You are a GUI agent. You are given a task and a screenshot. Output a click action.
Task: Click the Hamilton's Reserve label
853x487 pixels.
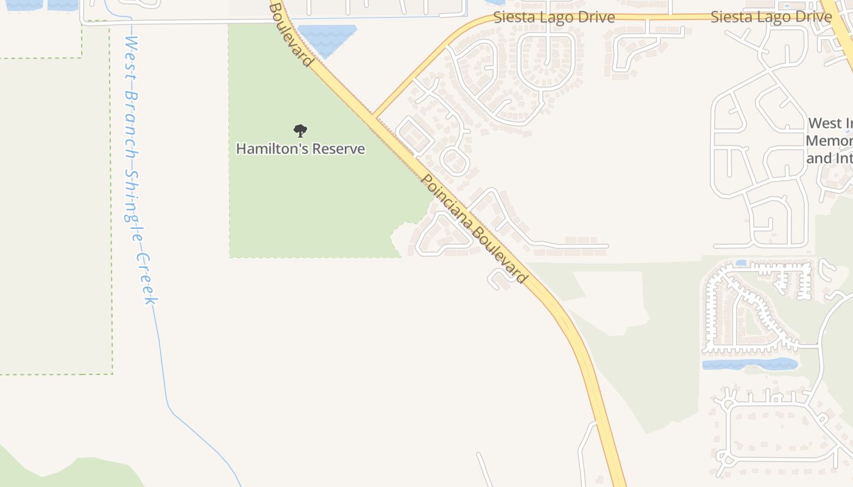300,149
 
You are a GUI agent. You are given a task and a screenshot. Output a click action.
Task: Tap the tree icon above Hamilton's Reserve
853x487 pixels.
300,130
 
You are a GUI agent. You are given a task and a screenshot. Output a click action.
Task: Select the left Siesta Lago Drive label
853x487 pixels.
553,17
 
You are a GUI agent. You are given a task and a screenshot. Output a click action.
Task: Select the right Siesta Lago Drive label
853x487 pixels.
771,17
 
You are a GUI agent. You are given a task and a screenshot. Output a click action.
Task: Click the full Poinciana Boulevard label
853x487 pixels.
474,229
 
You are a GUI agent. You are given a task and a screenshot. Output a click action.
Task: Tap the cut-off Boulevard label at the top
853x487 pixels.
291,33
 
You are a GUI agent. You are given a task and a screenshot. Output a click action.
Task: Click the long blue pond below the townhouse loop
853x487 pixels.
749,365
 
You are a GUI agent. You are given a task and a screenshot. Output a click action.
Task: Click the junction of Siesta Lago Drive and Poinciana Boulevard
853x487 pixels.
373,116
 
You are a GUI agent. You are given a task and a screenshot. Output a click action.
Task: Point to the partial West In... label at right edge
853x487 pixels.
830,141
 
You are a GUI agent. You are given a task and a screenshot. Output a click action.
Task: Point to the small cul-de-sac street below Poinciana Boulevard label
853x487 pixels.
498,279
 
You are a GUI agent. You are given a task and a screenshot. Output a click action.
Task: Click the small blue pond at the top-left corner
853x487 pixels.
24,5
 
